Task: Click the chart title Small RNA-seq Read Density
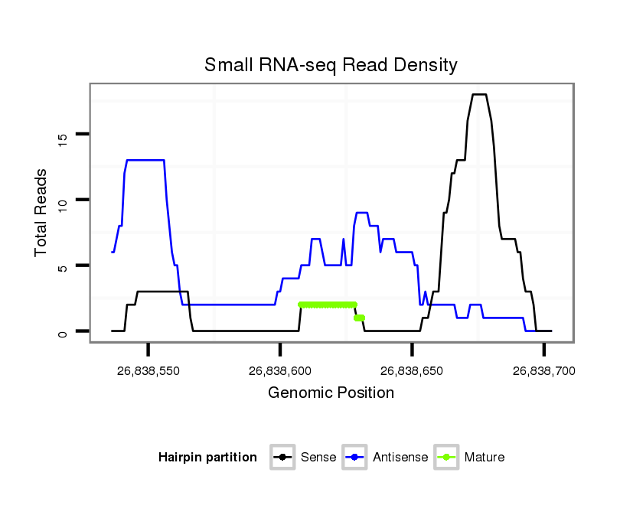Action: [331, 65]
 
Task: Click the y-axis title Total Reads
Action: [43, 213]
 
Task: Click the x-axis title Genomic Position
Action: [331, 393]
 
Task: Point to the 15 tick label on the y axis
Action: [63, 137]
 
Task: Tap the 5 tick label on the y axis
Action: [63, 267]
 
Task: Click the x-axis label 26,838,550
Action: [148, 371]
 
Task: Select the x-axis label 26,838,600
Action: [280, 371]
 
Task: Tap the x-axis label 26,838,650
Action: [412, 371]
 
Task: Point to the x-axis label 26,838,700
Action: [543, 371]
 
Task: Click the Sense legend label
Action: [317, 458]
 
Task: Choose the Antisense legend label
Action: [400, 458]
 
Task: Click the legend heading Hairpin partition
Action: [207, 458]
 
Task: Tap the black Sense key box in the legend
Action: [283, 458]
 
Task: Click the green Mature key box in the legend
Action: [445, 458]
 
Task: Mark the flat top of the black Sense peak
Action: [479, 94]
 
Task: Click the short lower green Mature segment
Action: [360, 318]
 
